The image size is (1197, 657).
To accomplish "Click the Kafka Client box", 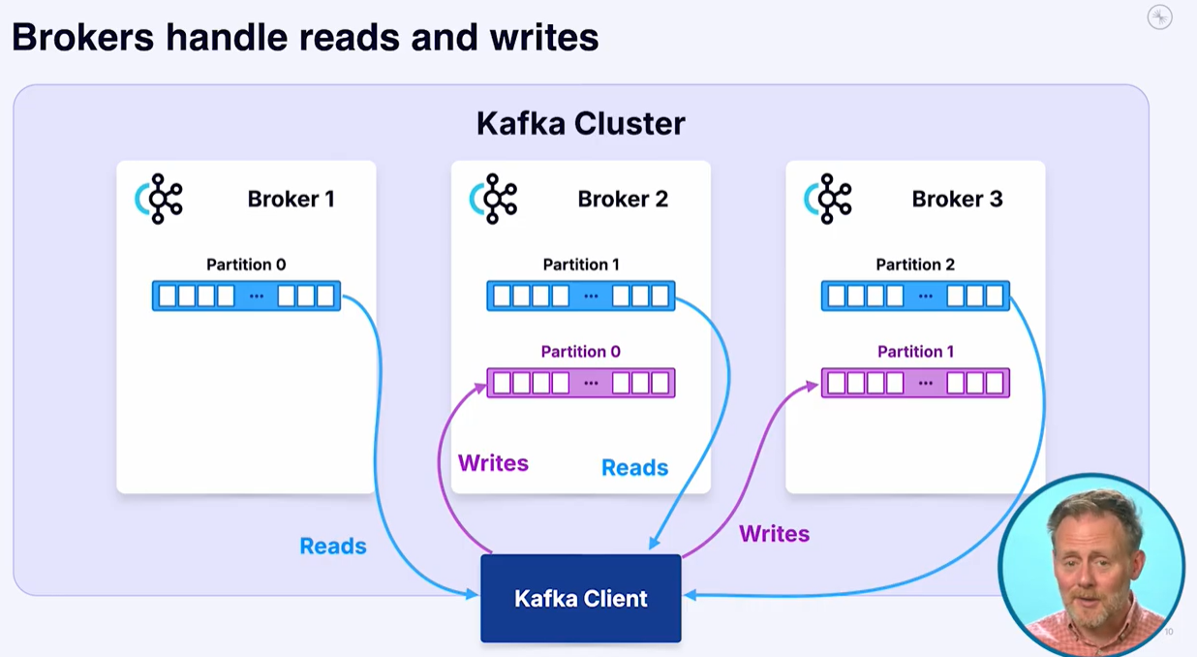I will (x=581, y=598).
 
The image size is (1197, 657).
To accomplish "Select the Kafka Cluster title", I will (x=581, y=124).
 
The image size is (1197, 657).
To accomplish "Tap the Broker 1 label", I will (x=291, y=199).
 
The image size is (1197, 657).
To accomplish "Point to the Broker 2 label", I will (x=623, y=199).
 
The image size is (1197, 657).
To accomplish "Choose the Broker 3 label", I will (x=957, y=199).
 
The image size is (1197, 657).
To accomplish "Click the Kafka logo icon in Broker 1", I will (x=159, y=199).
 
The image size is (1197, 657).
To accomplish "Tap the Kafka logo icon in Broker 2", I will (x=494, y=199).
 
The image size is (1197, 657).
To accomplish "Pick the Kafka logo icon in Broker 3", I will (x=828, y=199).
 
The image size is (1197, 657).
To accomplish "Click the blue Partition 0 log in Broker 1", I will (x=246, y=296).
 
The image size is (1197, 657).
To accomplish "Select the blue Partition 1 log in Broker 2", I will (x=581, y=296).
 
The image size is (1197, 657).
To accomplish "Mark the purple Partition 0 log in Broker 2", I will (x=581, y=383).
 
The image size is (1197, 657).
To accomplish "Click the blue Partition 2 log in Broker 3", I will (x=915, y=296).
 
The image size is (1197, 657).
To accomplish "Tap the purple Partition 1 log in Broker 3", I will (x=915, y=383).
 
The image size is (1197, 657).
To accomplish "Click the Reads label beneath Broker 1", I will (x=333, y=546).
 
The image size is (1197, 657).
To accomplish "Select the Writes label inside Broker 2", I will (x=493, y=463).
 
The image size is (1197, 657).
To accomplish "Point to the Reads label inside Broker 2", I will (x=634, y=468).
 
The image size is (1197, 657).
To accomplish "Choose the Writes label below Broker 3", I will (x=774, y=533).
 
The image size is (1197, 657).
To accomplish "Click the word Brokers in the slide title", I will (x=81, y=38).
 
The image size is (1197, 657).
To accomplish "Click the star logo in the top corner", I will (x=1159, y=17).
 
